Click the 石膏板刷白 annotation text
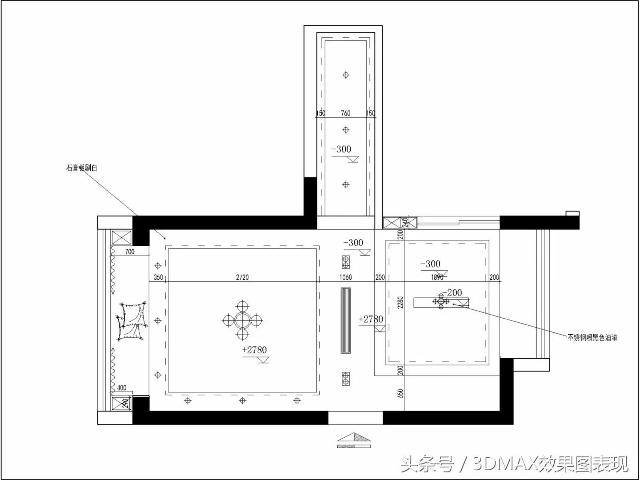82,168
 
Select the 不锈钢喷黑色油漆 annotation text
592,338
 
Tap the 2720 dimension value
242,277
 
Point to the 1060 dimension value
345,277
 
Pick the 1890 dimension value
437,277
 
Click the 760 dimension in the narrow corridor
345,113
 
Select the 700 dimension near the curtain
129,252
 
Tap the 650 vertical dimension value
400,393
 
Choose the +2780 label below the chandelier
255,350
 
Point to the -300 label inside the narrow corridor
341,149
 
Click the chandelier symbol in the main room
242,320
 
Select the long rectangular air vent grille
346,320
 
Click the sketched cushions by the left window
132,320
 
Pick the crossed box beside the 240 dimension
392,223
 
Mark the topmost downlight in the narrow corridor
346,75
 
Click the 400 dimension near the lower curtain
121,388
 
